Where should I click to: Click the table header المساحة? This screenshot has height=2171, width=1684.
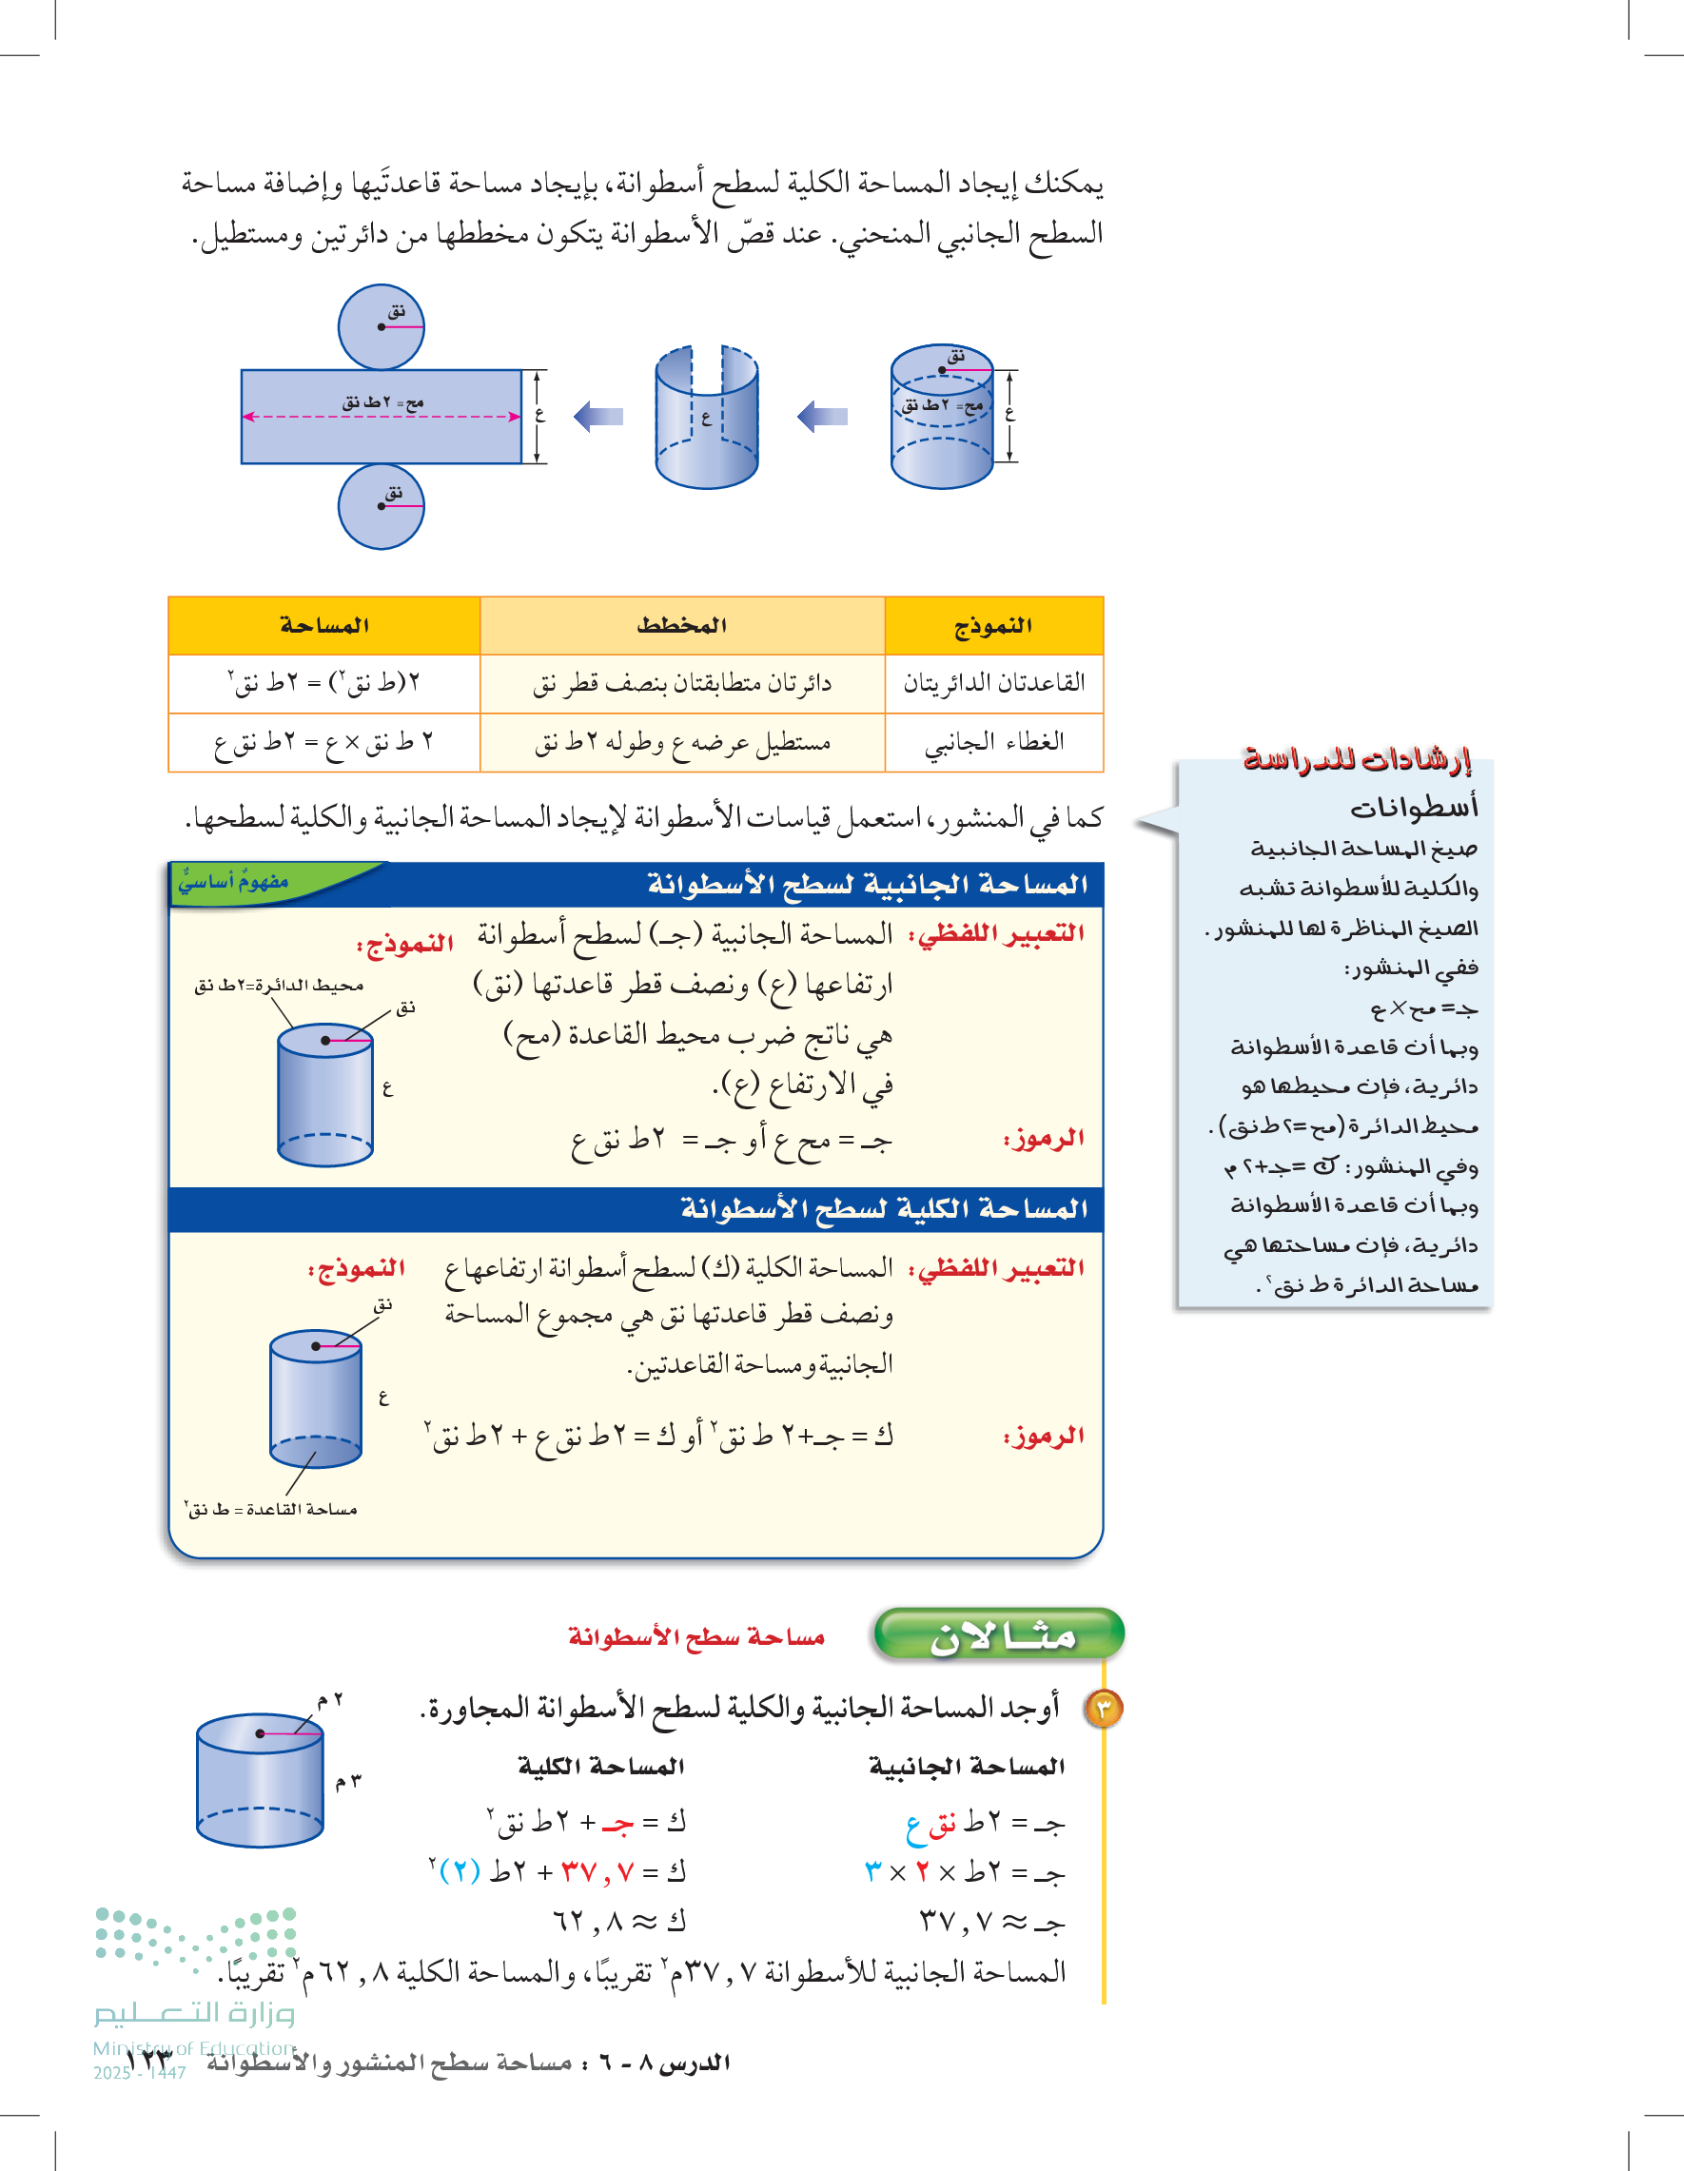coord(324,625)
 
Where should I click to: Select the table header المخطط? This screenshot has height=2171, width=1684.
coord(682,625)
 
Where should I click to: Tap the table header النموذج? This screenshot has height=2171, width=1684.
coord(993,625)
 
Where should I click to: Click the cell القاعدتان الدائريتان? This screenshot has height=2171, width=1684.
coord(993,683)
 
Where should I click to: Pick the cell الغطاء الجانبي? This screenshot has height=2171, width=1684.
coord(993,741)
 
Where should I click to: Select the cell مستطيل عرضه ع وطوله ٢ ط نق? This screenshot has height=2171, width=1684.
coord(682,741)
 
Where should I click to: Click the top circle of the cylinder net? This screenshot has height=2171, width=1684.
coord(381,327)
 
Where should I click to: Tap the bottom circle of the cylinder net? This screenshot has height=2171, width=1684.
coord(381,506)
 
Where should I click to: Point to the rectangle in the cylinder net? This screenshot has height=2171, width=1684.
coord(381,438)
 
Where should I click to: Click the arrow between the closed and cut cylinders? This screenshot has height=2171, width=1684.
coord(823,416)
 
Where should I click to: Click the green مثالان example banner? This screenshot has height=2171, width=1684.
coord(999,1635)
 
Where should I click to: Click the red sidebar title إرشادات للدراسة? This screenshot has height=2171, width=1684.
coord(1356,759)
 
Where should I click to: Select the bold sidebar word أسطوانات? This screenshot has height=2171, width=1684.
coord(1413,807)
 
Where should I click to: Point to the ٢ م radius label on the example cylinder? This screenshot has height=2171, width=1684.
coord(330,1701)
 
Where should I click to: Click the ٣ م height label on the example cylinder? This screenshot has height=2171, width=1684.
coord(348,1781)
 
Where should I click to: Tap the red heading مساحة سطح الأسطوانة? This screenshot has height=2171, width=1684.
coord(695,1636)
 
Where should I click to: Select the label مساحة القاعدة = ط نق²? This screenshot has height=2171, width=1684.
coord(270,1509)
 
